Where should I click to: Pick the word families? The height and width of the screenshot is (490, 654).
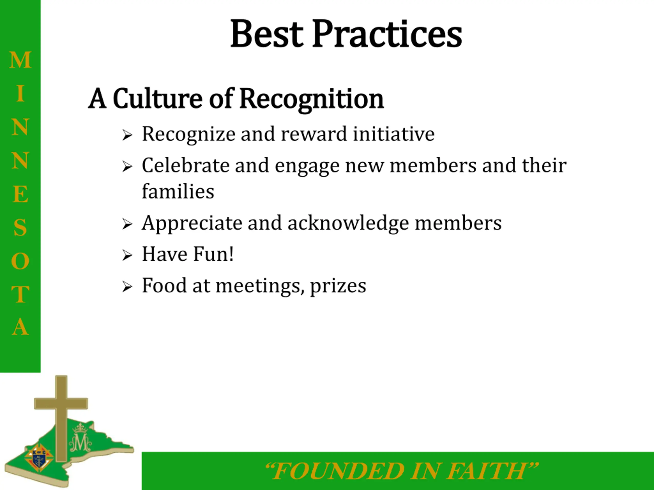click(178, 191)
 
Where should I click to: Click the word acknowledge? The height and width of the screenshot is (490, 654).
click(348, 223)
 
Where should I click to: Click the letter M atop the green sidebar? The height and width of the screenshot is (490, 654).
click(20, 60)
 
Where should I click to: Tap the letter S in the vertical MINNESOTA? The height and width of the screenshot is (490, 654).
click(20, 227)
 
